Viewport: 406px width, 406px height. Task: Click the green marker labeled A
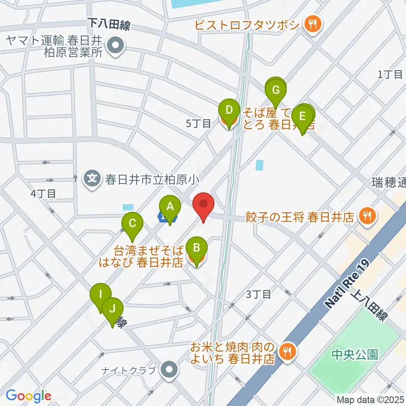(170, 207)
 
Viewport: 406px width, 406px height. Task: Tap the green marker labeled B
(196, 247)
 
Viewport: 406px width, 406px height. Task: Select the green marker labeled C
(132, 222)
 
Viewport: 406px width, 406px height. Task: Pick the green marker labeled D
(229, 111)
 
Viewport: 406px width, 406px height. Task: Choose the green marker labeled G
(276, 90)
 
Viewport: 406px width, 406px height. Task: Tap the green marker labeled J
(112, 308)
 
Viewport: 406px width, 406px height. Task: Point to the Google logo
(28, 396)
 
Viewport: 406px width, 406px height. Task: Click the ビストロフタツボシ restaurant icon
(313, 24)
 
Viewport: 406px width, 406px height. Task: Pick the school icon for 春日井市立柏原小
(91, 178)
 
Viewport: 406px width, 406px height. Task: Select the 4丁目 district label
(44, 194)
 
